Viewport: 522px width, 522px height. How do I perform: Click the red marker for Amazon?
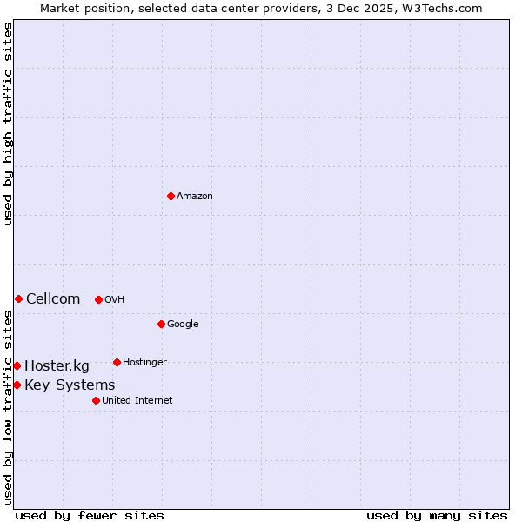click(171, 196)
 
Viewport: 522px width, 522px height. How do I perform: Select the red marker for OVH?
click(98, 299)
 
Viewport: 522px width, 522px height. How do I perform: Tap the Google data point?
click(161, 324)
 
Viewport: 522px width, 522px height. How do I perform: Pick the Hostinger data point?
click(117, 362)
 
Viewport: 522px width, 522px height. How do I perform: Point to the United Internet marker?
click(96, 400)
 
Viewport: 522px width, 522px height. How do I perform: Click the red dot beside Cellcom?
click(18, 298)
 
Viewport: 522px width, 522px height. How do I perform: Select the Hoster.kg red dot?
click(17, 365)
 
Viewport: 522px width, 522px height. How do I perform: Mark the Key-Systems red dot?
click(17, 385)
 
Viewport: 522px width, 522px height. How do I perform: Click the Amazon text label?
click(195, 197)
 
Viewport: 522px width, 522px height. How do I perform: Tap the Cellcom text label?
click(53, 299)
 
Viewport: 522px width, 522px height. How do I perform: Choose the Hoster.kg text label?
click(57, 366)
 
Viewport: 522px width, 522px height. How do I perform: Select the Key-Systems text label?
click(70, 385)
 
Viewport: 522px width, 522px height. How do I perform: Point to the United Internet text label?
click(137, 401)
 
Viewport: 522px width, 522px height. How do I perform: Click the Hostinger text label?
click(144, 363)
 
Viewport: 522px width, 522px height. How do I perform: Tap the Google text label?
click(183, 325)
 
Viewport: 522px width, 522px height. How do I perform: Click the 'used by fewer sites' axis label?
click(90, 515)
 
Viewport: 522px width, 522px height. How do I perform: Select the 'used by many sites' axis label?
click(437, 515)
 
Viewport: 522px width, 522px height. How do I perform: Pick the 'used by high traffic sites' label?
click(8, 124)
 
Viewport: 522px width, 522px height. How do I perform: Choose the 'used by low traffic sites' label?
click(8, 407)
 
